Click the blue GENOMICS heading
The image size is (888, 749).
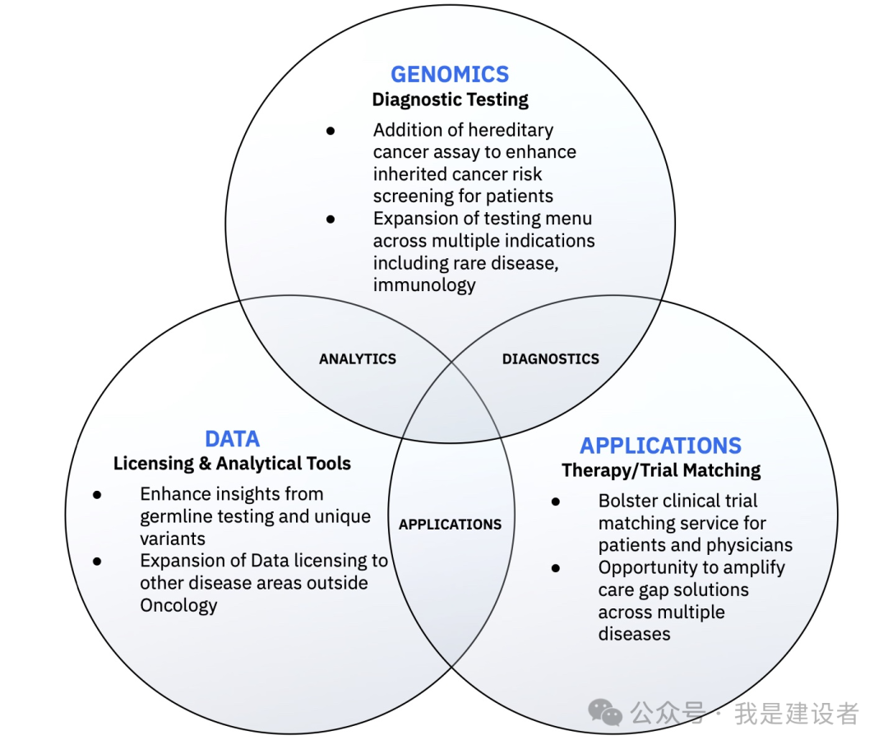450,74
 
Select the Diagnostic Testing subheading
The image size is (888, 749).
450,100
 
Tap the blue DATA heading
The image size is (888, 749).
232,438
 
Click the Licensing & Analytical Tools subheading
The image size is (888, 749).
232,464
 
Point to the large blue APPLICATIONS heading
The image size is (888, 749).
660,446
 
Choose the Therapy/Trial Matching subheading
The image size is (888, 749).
661,470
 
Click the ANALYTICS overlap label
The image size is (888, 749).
358,359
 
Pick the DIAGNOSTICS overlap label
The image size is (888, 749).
550,359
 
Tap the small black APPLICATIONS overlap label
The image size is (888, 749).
450,525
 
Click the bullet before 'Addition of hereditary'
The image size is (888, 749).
331,131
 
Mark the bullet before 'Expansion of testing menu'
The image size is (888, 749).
331,219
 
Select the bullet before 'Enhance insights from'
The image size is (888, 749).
97,495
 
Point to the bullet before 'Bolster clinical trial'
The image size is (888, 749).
556,502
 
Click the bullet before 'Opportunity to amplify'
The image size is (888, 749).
556,568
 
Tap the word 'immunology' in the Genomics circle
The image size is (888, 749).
424,285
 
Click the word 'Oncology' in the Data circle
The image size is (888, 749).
178,606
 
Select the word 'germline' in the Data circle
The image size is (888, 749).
174,517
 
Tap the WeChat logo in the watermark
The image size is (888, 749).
607,712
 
